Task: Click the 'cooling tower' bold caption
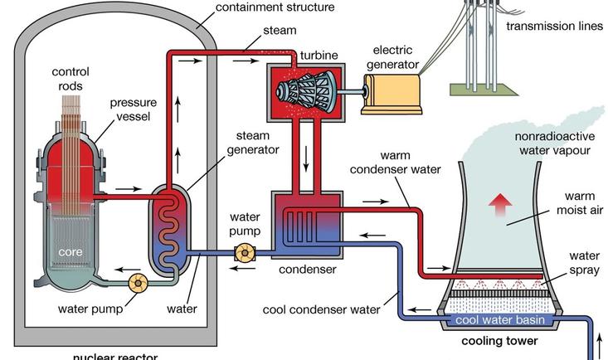click(500, 341)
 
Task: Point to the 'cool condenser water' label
click(321, 309)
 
